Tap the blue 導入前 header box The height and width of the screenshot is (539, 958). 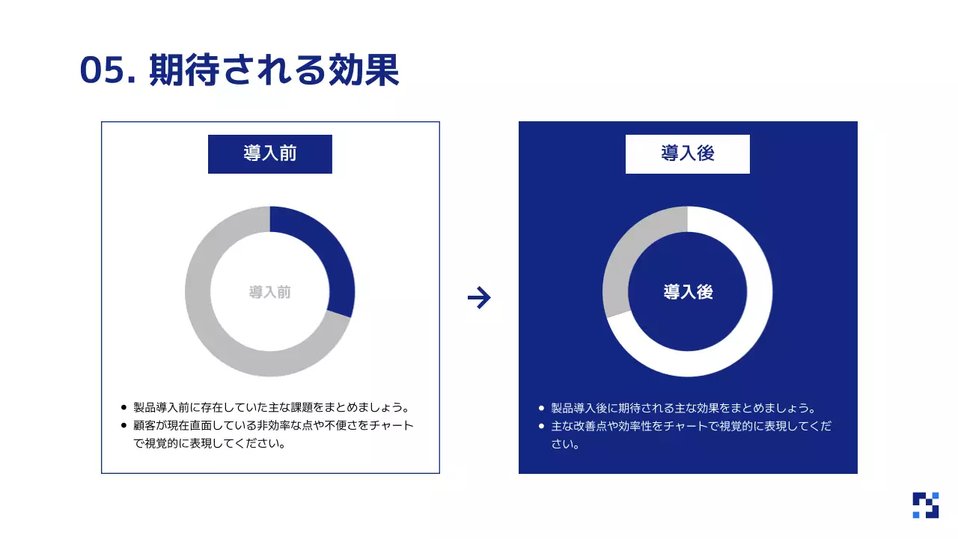tap(269, 153)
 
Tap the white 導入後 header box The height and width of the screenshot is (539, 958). tap(687, 153)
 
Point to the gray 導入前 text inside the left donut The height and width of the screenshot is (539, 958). tap(269, 292)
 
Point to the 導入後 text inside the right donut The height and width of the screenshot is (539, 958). tap(688, 292)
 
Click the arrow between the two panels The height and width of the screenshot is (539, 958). tap(479, 298)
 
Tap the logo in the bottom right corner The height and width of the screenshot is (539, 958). tap(925, 505)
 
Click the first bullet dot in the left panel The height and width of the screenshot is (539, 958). tap(123, 408)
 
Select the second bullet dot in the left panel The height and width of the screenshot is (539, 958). tap(123, 426)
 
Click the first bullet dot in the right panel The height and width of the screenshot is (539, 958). tap(541, 408)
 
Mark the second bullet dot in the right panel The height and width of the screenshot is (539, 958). tap(541, 426)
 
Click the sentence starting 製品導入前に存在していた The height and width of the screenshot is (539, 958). tap(272, 408)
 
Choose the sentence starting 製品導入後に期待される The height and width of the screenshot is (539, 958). tap(683, 408)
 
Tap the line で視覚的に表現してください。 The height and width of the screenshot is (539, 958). tap(210, 443)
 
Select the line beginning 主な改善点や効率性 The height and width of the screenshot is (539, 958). tap(691, 426)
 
